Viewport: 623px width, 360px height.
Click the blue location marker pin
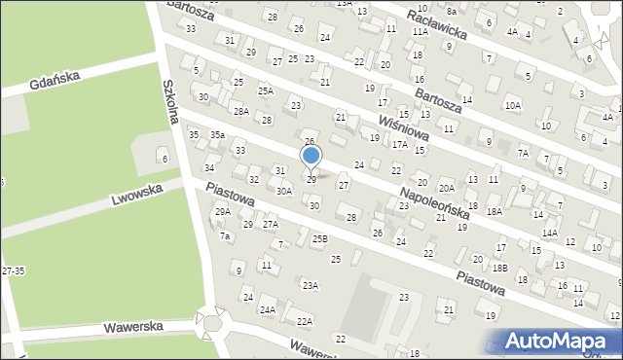(311, 157)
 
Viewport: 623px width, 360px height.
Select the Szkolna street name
(175, 101)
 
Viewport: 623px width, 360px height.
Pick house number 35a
(217, 135)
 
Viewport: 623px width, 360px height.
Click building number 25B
(319, 238)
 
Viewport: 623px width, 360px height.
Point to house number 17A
(399, 144)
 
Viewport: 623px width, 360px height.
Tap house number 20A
(447, 188)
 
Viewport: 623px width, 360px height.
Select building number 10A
(512, 104)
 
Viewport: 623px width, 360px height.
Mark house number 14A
(550, 234)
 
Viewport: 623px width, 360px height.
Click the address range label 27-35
(14, 270)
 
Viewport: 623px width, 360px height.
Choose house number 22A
(305, 321)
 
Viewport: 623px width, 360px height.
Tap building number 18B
(500, 268)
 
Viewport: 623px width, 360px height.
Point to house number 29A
(222, 212)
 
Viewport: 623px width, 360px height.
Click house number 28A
(240, 111)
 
